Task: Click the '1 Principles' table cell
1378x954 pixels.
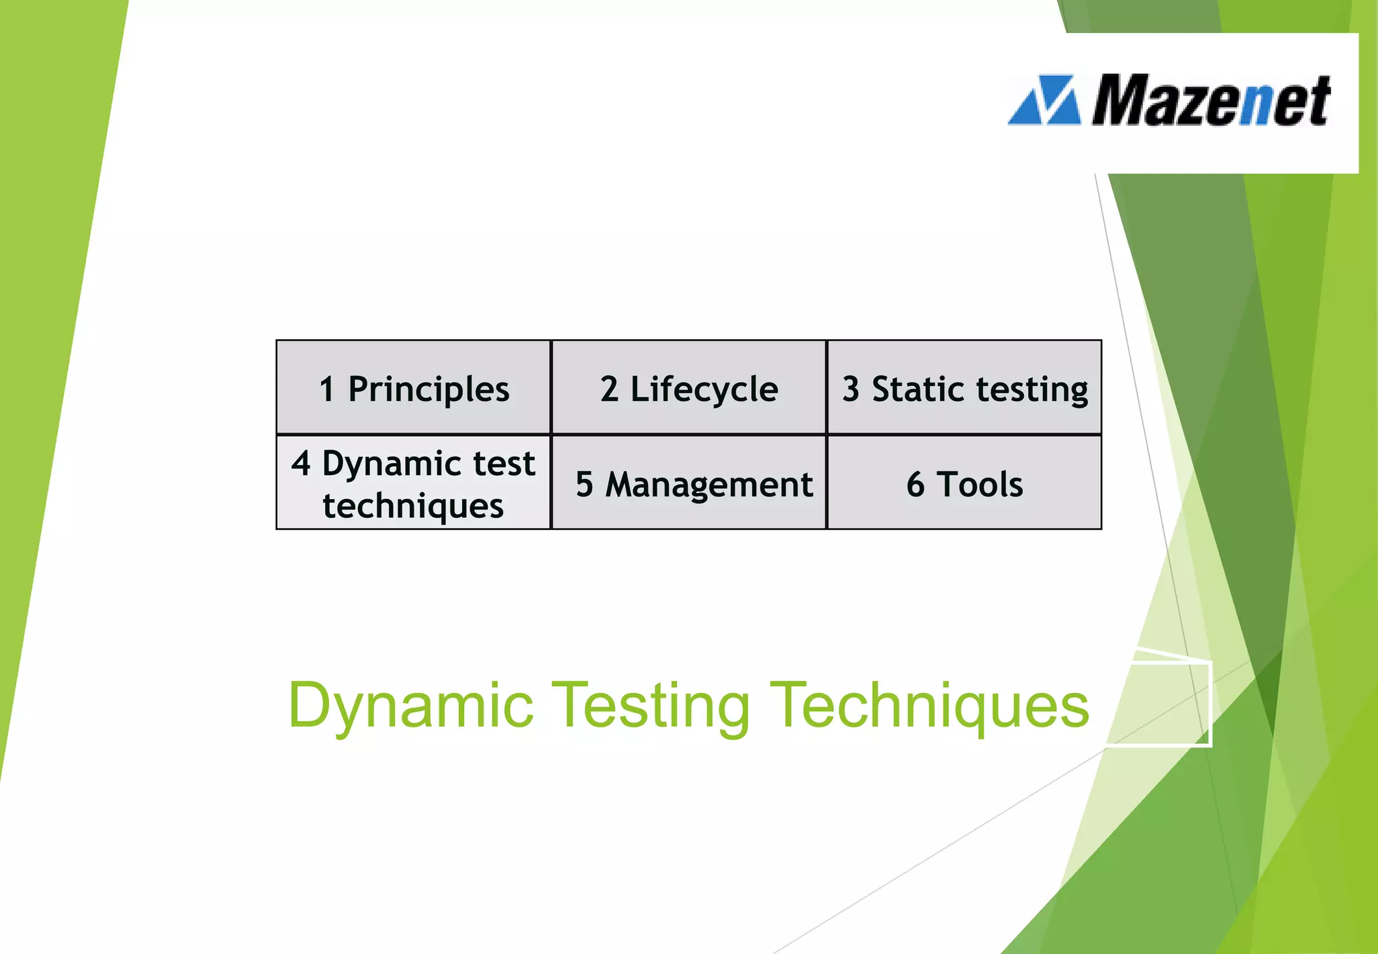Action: coord(413,388)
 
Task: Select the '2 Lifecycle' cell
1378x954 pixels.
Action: coord(688,388)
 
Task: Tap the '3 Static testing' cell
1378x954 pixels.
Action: coord(964,388)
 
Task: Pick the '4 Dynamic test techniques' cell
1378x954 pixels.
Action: coord(413,483)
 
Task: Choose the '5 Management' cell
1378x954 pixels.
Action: coord(688,483)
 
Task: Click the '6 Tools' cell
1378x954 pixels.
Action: coord(964,483)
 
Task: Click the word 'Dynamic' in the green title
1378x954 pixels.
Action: coord(410,705)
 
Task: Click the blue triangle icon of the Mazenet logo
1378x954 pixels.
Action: coord(1045,101)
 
